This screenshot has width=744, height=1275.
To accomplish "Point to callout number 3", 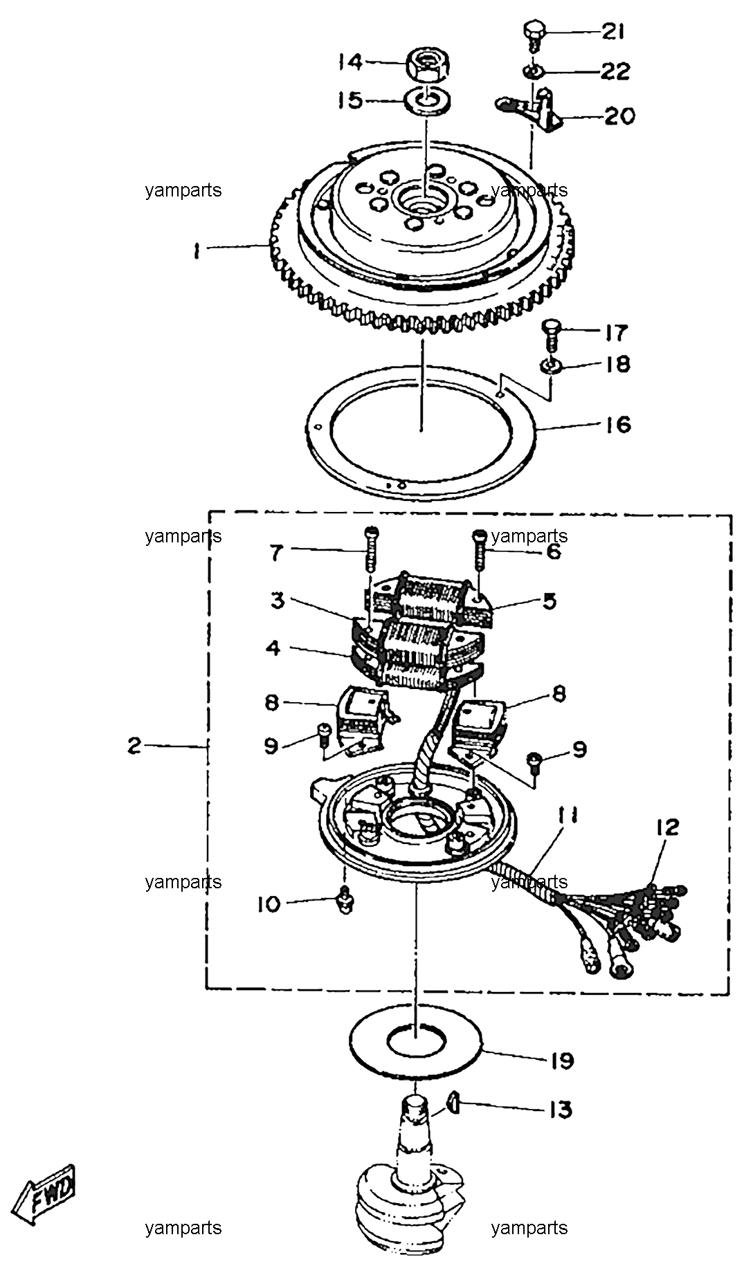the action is [x=278, y=600].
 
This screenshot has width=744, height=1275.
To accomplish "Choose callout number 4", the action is [x=274, y=649].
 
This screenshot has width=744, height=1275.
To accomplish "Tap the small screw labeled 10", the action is [x=343, y=901].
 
